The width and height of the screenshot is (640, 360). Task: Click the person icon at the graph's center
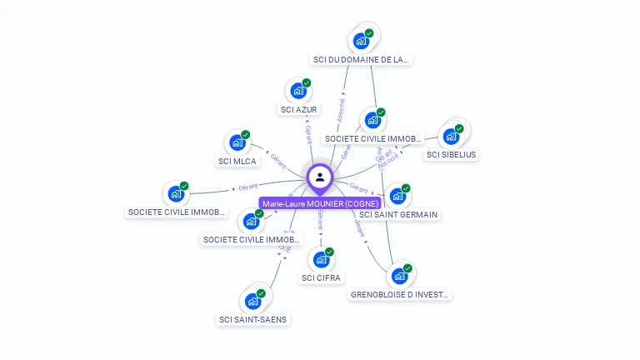point(320,177)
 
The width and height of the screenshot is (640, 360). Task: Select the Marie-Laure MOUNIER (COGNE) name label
point(320,203)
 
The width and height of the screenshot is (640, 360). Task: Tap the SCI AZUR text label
point(299,110)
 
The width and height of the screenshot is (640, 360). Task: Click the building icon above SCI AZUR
point(297,92)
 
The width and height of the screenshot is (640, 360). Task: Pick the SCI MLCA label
point(237,162)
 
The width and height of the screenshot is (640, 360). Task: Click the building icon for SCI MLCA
point(237,143)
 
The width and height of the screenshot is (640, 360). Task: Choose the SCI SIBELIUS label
point(452,154)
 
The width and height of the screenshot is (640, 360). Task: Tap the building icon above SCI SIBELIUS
point(452,136)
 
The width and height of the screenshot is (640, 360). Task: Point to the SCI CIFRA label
point(322,277)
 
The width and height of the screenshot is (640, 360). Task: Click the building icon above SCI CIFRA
point(321,260)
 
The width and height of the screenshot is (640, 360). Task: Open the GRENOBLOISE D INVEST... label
point(400,294)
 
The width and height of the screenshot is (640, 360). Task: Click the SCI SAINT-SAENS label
point(254,319)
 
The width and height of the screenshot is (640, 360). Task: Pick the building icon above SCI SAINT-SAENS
point(252,302)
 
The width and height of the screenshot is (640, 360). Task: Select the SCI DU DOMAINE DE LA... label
point(362,60)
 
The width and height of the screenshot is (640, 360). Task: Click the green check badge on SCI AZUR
point(307,83)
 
